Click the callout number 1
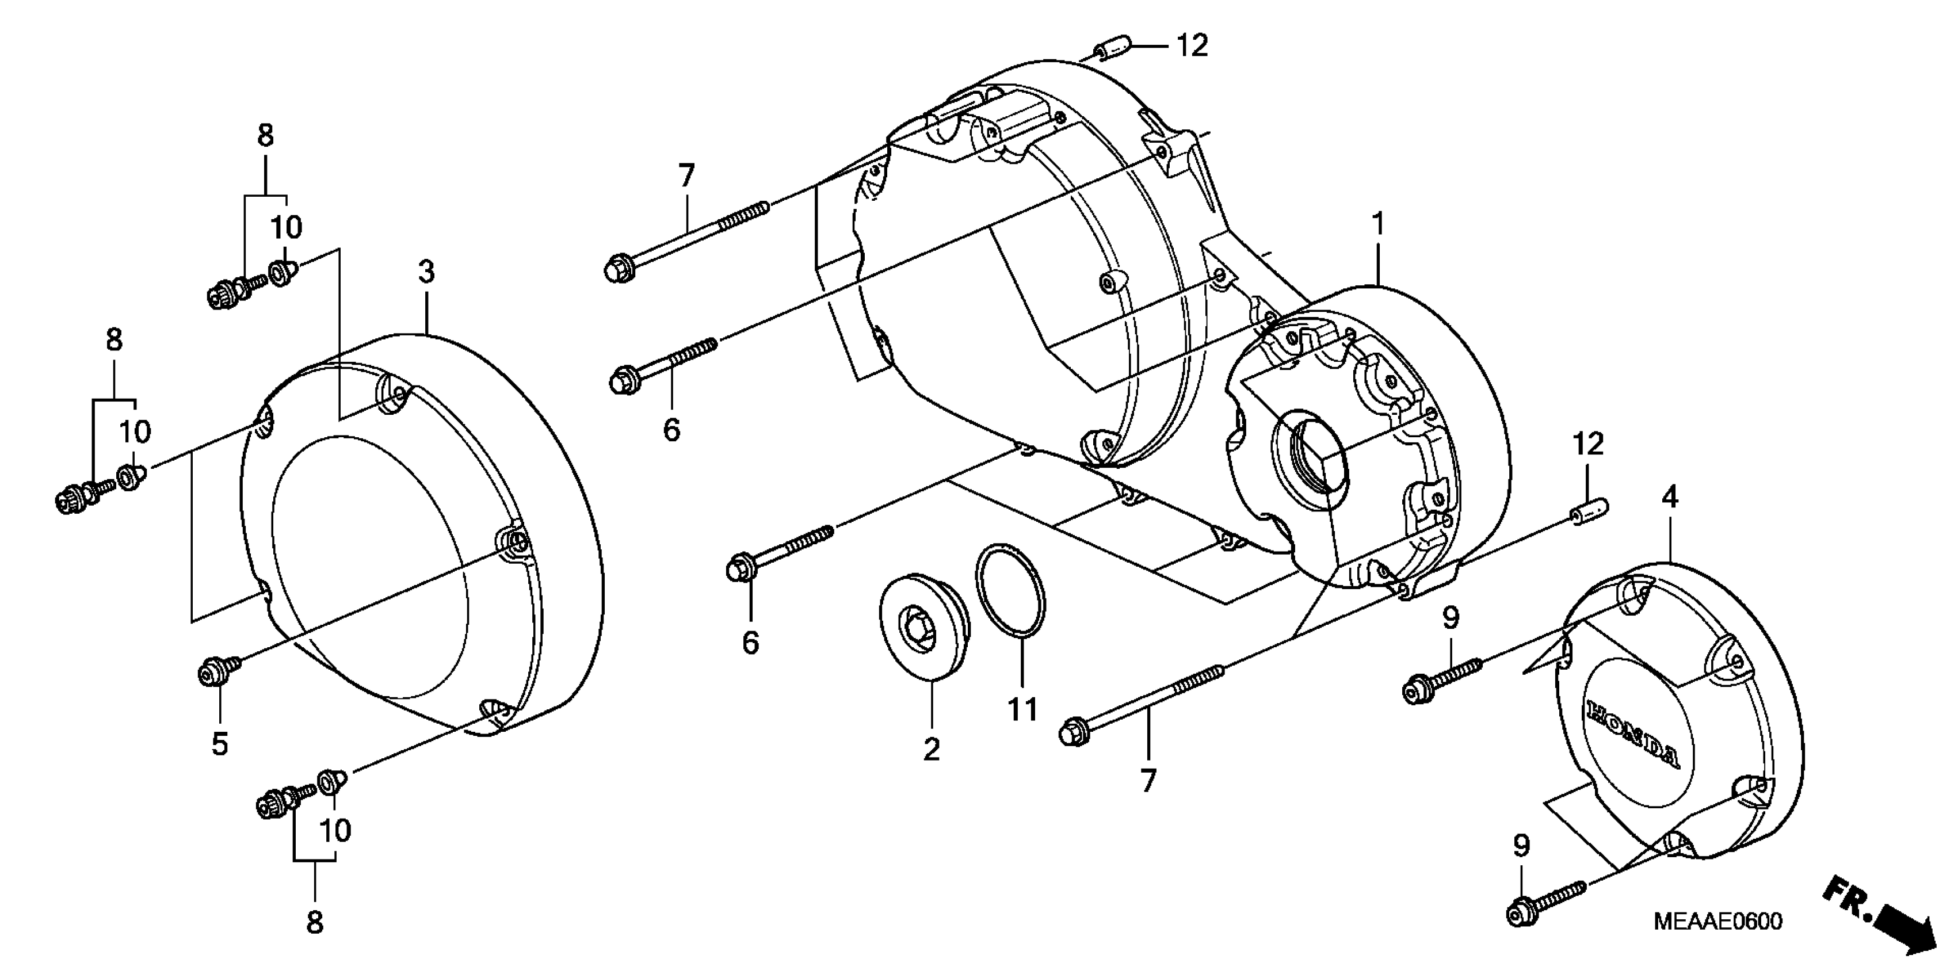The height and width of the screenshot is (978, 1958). pyautogui.click(x=1377, y=225)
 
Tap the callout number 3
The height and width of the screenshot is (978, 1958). pyautogui.click(x=426, y=272)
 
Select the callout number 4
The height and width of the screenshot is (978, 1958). pyautogui.click(x=1669, y=498)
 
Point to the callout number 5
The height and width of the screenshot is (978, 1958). pyautogui.click(x=220, y=744)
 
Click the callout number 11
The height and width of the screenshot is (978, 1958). pyautogui.click(x=1022, y=710)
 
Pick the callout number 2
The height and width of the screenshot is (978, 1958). pyautogui.click(x=932, y=749)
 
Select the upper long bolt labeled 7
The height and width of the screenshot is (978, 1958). pyautogui.click(x=688, y=237)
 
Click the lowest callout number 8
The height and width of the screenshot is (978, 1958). pyautogui.click(x=315, y=923)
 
